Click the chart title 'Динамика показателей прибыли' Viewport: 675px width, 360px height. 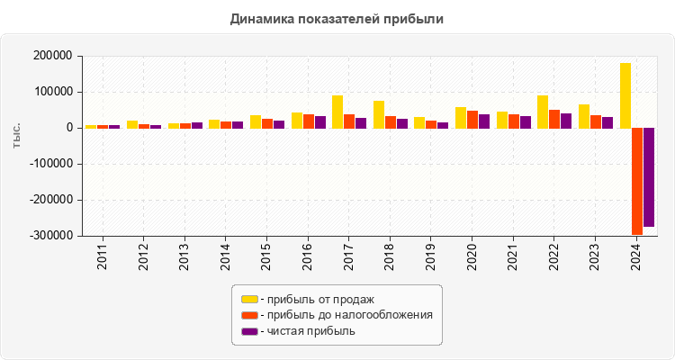[337, 18]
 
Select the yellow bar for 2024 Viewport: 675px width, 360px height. [625, 95]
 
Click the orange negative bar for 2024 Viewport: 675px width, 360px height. [637, 181]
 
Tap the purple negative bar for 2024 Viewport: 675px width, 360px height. [649, 176]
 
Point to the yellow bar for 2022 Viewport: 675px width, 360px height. [543, 112]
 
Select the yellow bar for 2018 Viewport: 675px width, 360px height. [379, 114]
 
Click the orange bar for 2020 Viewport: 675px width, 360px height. [472, 119]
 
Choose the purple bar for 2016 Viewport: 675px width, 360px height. [320, 121]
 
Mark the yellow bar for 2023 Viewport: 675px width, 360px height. [584, 116]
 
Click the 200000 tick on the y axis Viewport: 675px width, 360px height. [51, 56]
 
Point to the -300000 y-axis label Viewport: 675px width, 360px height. [49, 236]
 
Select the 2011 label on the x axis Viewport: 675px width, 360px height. [102, 256]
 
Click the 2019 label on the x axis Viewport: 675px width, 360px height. [430, 256]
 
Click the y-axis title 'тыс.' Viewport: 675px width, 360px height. [17, 136]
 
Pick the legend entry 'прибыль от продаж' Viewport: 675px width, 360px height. [319, 299]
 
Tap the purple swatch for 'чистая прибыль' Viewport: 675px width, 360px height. [249, 331]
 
